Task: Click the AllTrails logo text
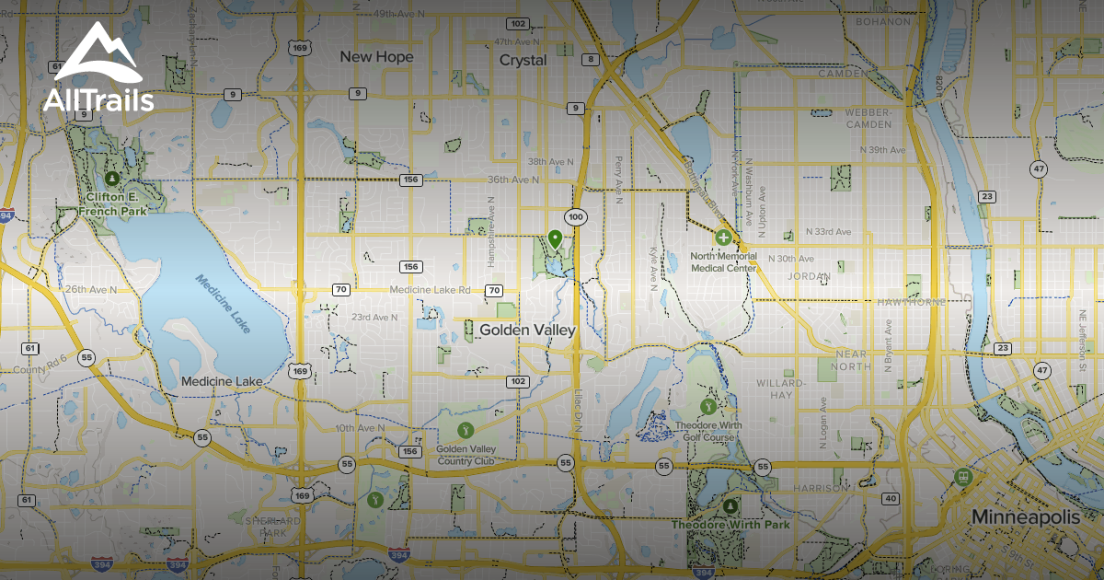pos(98,99)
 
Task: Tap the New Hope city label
pos(376,57)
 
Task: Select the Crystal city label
pos(523,60)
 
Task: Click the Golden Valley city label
pos(527,330)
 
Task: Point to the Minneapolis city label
pos(1026,517)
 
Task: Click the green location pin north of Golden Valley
pos(555,239)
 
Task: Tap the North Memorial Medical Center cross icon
pos(723,238)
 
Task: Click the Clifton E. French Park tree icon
pos(111,178)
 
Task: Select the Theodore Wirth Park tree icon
pos(730,506)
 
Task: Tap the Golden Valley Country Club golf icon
pos(466,430)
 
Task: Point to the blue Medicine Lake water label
pos(222,304)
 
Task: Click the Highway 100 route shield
pos(576,217)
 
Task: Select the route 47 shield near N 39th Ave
pos(1039,168)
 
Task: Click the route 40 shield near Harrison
pos(890,498)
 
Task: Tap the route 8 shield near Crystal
pos(590,60)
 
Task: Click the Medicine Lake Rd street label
pos(430,290)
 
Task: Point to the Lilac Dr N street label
pos(579,412)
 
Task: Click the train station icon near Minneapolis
pos(964,476)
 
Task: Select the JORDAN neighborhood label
pos(810,275)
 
